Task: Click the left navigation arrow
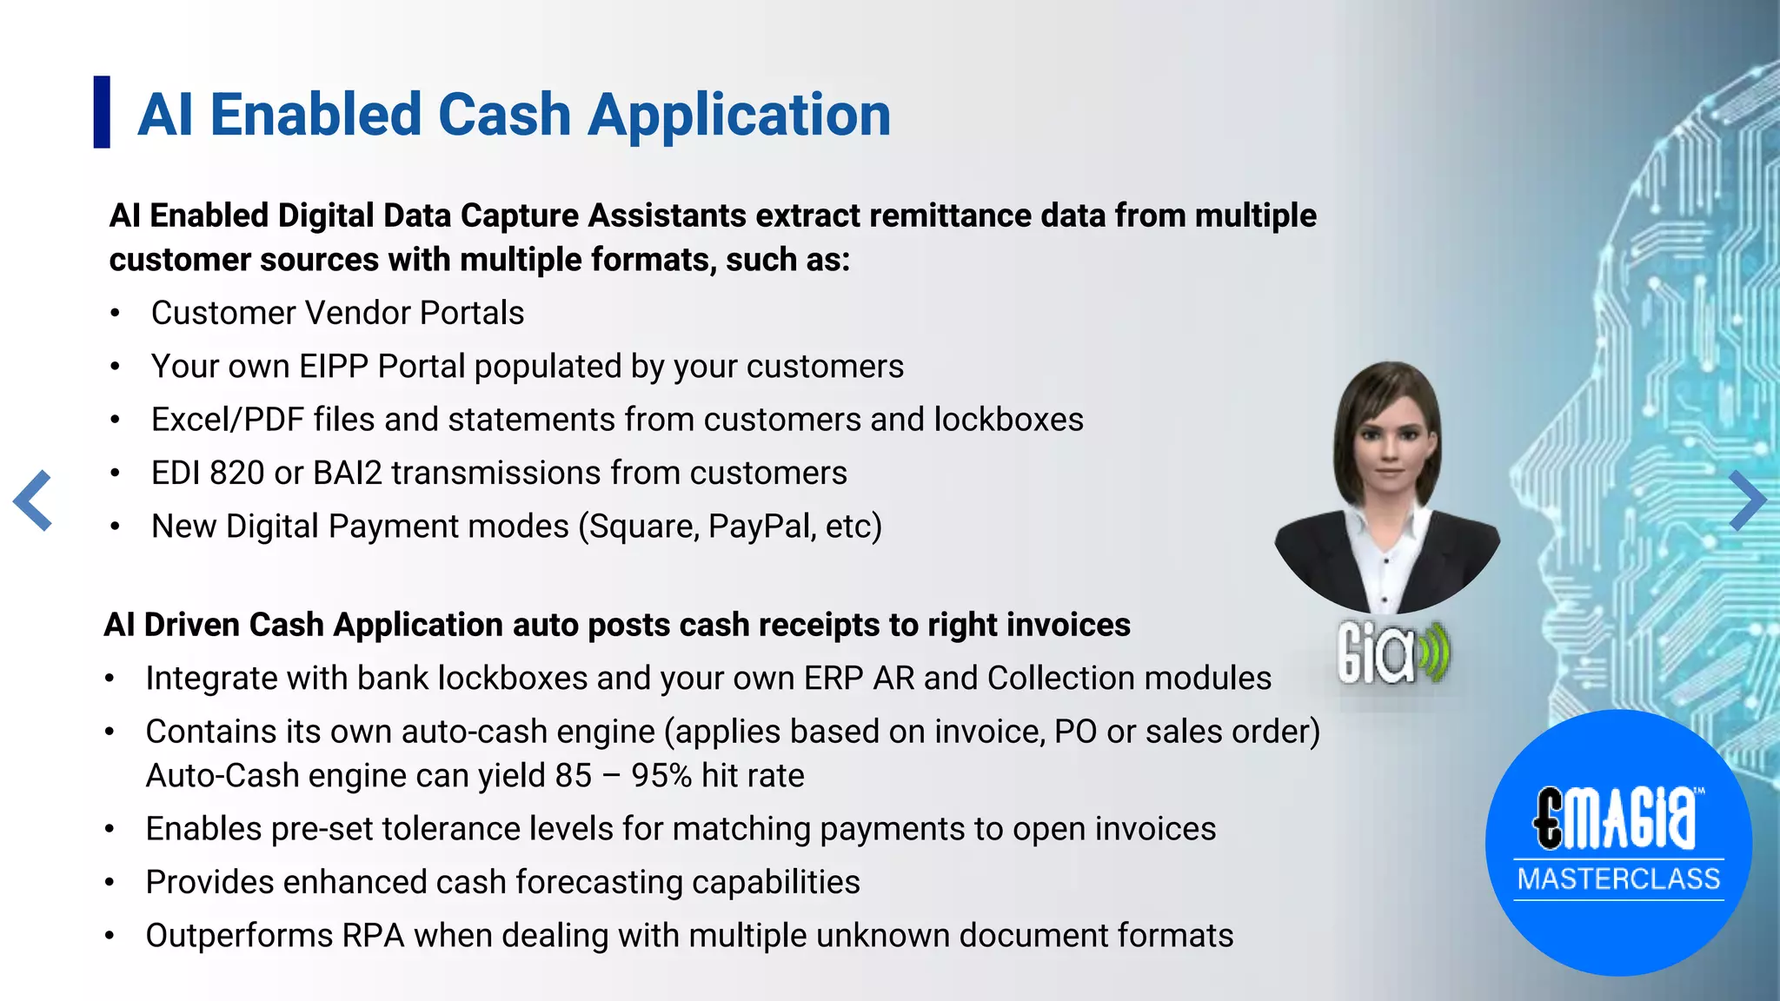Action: tap(33, 500)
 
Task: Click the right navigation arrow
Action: tap(1746, 500)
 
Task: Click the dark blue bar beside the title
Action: tap(102, 112)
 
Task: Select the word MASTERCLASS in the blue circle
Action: tap(1618, 879)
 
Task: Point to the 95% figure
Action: tap(661, 776)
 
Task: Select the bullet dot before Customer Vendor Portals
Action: tap(115, 315)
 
